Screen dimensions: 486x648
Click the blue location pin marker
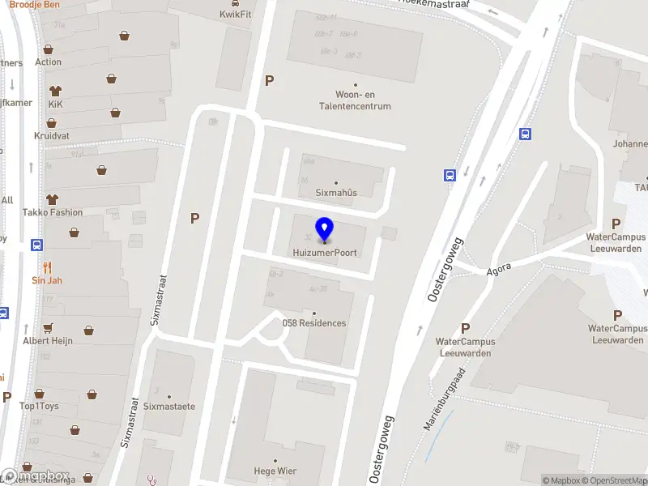tap(325, 230)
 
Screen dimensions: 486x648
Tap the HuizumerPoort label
tap(325, 253)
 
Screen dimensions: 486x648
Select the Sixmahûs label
tap(336, 193)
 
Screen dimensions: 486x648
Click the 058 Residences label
tap(314, 323)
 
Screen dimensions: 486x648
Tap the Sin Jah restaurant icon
tap(47, 266)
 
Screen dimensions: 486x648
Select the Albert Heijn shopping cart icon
tap(47, 327)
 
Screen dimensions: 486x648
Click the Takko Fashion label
tap(53, 212)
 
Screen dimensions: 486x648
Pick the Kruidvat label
tap(51, 136)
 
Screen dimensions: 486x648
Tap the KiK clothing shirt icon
tap(55, 91)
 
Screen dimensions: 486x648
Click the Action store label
tap(48, 62)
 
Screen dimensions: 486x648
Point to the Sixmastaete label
tap(169, 407)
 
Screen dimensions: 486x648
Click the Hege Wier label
tap(275, 471)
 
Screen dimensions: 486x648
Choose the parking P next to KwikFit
tap(270, 80)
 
